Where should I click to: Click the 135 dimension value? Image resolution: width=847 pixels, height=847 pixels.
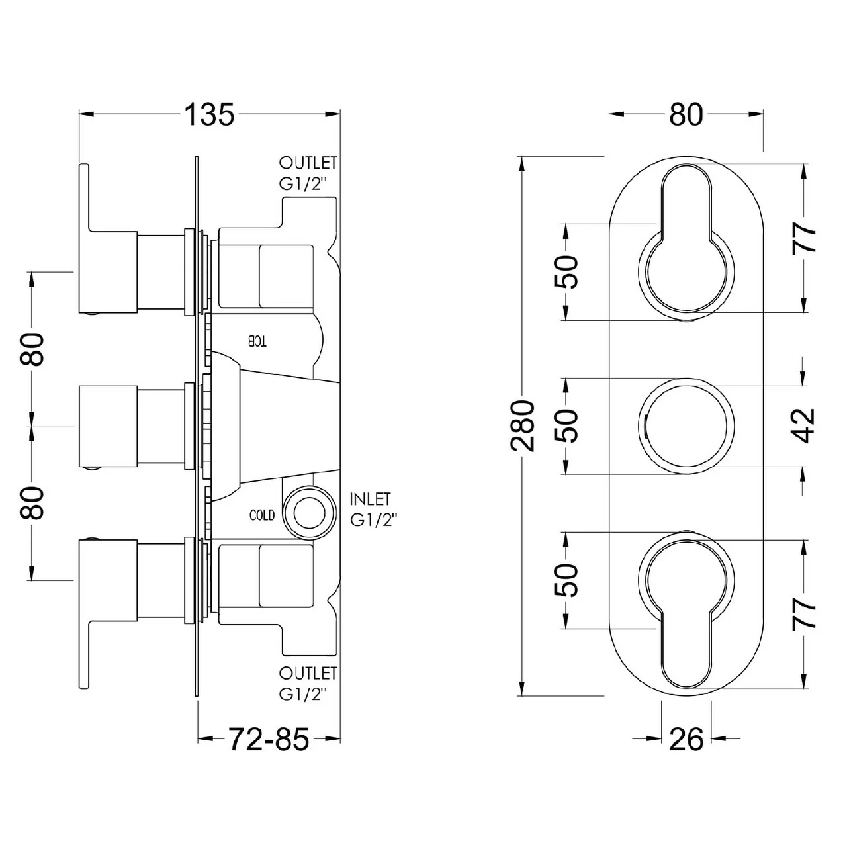[x=209, y=114]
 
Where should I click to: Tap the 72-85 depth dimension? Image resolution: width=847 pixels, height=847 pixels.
[x=269, y=738]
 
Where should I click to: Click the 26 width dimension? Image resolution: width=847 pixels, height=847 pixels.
[x=686, y=738]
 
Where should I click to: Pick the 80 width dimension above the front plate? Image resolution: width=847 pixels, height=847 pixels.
[x=686, y=114]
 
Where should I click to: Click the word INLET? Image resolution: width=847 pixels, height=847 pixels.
[x=370, y=498]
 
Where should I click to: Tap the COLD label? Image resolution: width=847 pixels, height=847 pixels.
[x=262, y=515]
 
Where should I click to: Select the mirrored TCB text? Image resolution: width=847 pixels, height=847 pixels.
[x=257, y=341]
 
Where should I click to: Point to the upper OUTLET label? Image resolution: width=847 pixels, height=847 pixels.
[x=308, y=163]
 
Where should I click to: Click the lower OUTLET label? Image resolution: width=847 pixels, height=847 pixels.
[x=308, y=674]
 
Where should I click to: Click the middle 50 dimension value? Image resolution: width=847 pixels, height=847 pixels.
[x=567, y=425]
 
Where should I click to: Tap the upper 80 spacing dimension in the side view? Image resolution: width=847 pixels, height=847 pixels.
[x=33, y=349]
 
